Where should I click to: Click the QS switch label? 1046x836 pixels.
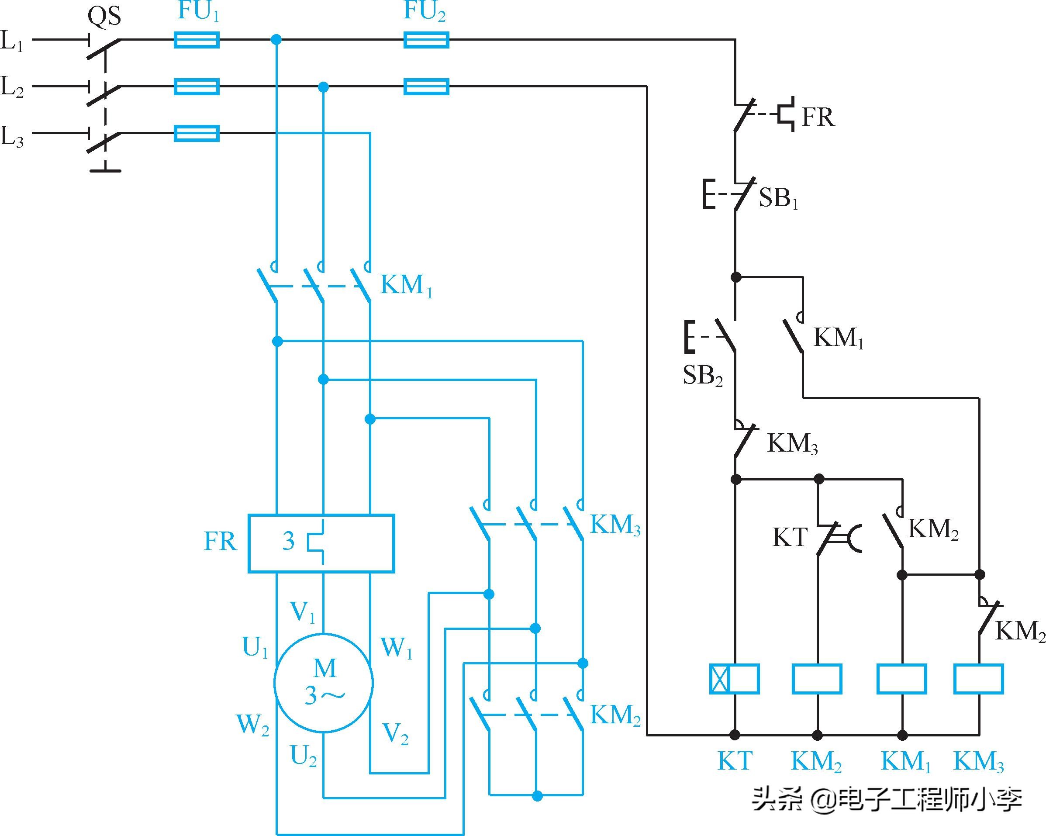tap(104, 17)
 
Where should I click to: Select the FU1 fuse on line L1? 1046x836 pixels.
tap(197, 40)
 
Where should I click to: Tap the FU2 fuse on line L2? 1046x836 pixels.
tap(426, 87)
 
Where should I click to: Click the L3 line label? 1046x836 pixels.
tap(12, 136)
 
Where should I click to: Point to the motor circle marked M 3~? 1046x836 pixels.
tap(324, 682)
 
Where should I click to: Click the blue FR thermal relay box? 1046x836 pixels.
tap(321, 543)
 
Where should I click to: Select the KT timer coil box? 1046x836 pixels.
tap(734, 679)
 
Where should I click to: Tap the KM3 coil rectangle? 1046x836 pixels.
tap(978, 679)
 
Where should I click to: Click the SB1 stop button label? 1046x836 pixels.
tap(778, 198)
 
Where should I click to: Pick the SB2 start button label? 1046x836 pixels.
tap(703, 375)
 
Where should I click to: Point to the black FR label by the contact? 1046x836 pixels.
tap(818, 117)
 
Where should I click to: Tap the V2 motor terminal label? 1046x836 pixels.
tap(395, 734)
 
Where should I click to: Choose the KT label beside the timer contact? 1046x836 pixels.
tap(789, 537)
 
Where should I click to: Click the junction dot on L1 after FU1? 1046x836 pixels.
tap(276, 39)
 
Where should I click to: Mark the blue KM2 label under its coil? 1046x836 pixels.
tap(816, 761)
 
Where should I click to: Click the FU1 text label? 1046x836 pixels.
tap(198, 12)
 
